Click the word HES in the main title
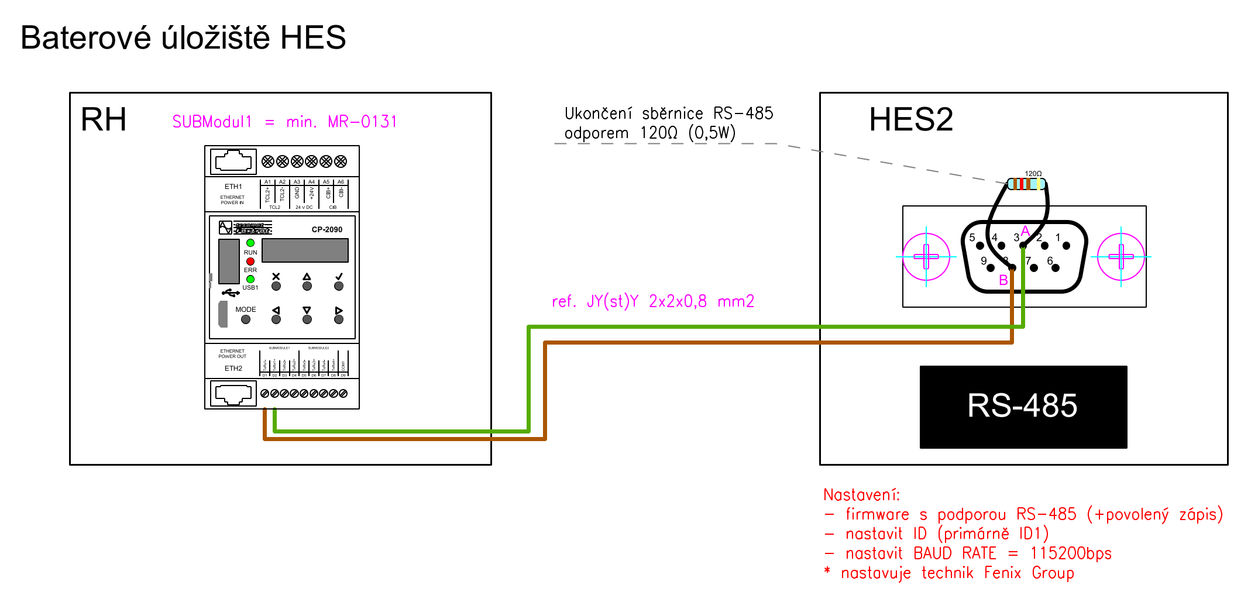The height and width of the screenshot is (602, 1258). [x=313, y=38]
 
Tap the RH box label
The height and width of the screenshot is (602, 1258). [x=104, y=120]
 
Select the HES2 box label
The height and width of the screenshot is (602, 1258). [x=910, y=120]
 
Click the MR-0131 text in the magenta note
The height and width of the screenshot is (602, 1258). [x=362, y=122]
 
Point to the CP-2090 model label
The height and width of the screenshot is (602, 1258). [x=326, y=229]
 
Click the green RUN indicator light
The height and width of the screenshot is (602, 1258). [x=250, y=243]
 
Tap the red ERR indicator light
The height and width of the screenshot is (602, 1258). [x=250, y=261]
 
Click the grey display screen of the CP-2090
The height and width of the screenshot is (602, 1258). [x=305, y=250]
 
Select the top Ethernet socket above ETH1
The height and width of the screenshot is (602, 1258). [x=233, y=161]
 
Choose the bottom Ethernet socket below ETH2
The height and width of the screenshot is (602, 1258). [x=233, y=394]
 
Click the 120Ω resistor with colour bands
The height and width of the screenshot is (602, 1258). [x=1026, y=184]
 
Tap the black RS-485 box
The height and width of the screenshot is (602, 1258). [x=1023, y=407]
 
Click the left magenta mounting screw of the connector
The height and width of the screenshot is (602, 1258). [x=926, y=256]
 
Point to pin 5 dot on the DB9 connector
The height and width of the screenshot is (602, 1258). [x=979, y=246]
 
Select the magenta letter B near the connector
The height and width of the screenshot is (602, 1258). [x=1003, y=280]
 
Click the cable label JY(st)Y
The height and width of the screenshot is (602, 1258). [x=612, y=301]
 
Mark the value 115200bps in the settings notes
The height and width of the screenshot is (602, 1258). [x=1070, y=553]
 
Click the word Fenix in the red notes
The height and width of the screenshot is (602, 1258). [x=1002, y=573]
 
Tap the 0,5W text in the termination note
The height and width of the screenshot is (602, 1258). [x=712, y=133]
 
